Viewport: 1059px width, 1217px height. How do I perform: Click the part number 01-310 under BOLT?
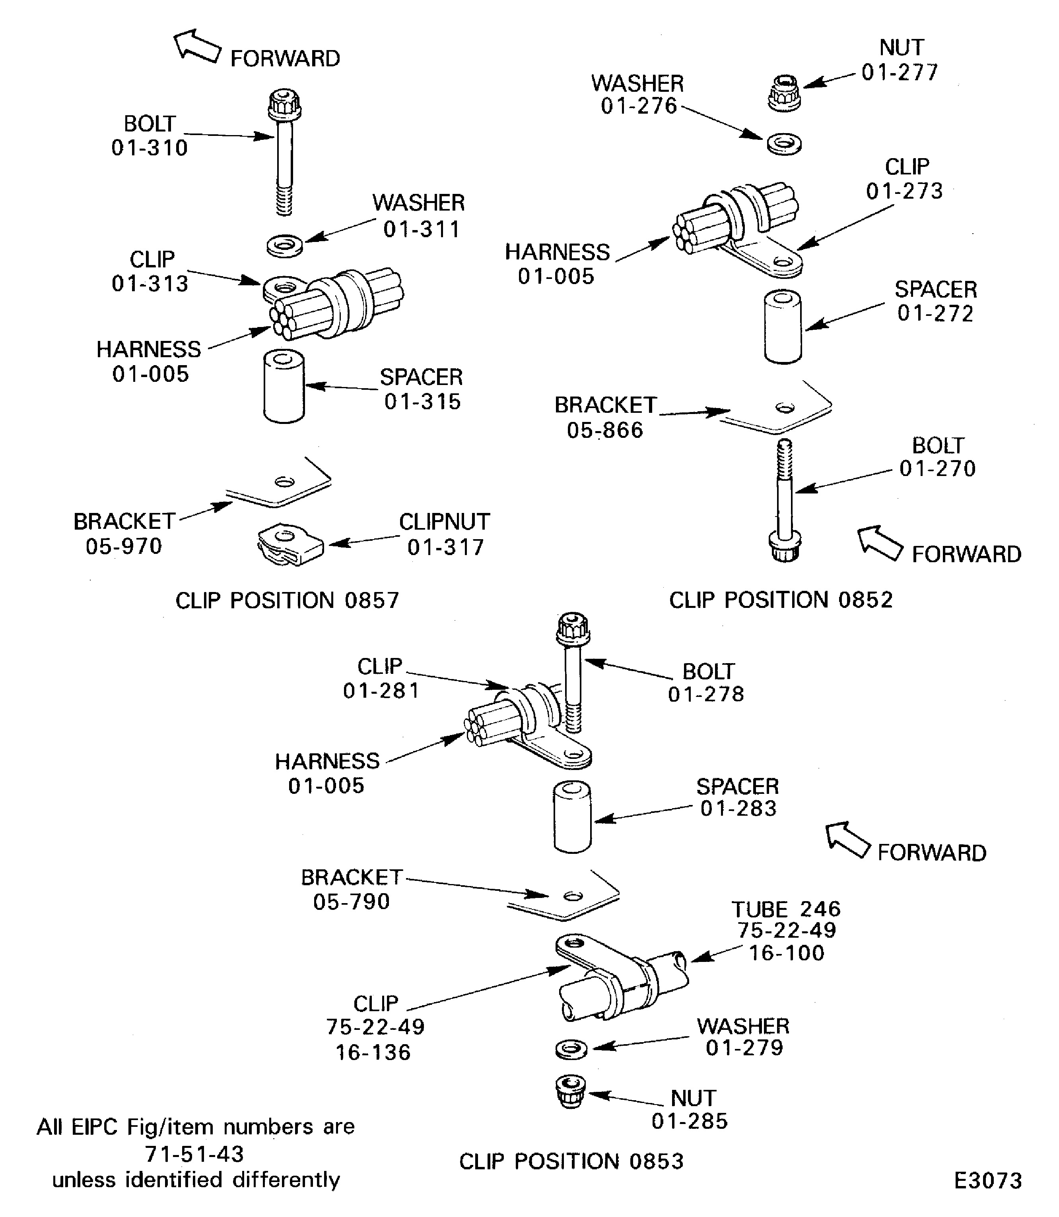point(150,148)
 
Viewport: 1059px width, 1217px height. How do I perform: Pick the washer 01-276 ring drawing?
point(784,143)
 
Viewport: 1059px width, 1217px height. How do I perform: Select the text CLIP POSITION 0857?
point(287,600)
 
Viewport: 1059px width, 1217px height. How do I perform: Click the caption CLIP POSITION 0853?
point(571,1161)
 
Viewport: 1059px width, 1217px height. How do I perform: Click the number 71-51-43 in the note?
point(194,1153)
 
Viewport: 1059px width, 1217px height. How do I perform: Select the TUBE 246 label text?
point(786,909)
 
